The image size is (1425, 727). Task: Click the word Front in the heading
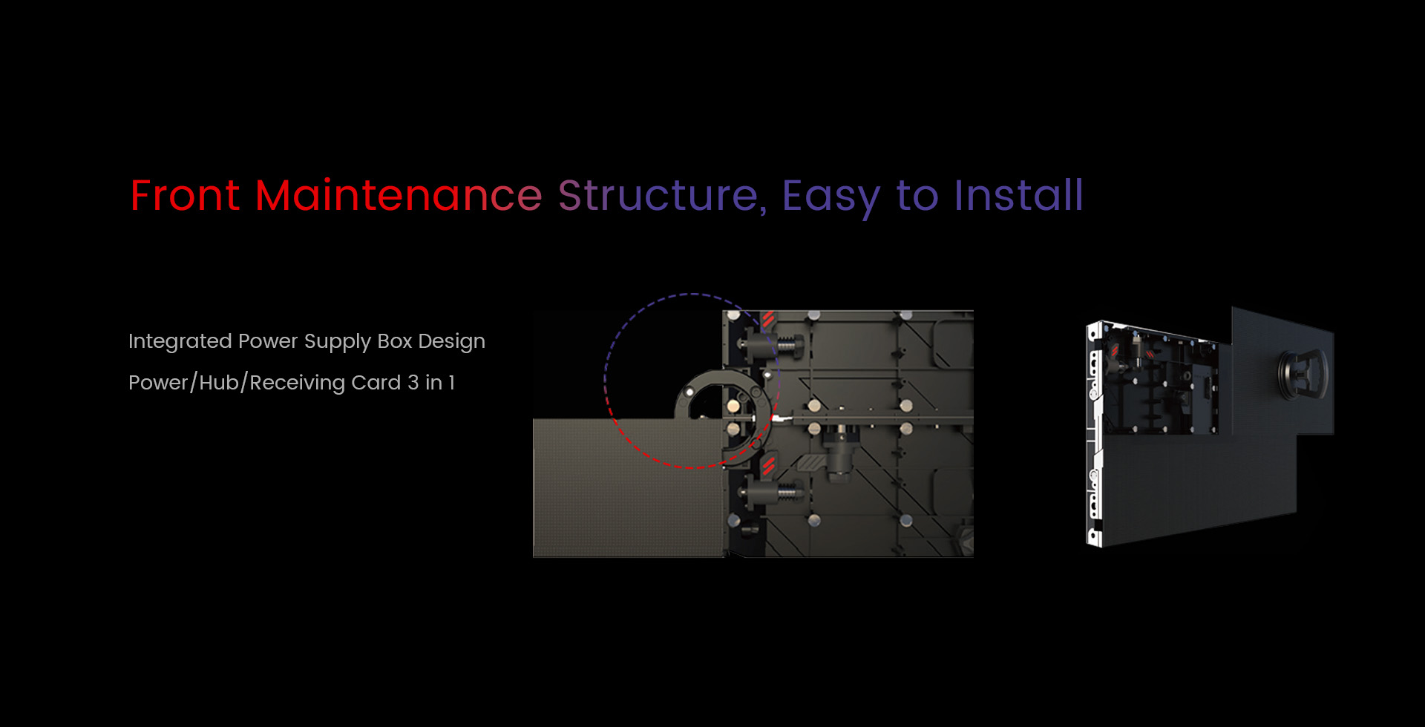point(185,196)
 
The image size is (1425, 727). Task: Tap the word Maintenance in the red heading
point(399,196)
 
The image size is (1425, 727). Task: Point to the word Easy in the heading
point(831,197)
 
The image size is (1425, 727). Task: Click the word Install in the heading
point(1018,195)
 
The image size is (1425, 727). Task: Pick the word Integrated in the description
point(180,341)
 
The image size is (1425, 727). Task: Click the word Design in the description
point(451,342)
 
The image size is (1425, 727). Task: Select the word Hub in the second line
point(219,383)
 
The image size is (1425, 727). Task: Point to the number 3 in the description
point(413,383)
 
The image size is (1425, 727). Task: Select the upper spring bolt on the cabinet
point(772,345)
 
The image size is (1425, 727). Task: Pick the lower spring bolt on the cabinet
point(772,490)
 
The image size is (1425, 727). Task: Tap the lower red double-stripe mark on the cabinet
point(769,465)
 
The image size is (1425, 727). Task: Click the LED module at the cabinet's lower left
point(629,487)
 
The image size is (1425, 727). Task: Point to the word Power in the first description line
point(268,341)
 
